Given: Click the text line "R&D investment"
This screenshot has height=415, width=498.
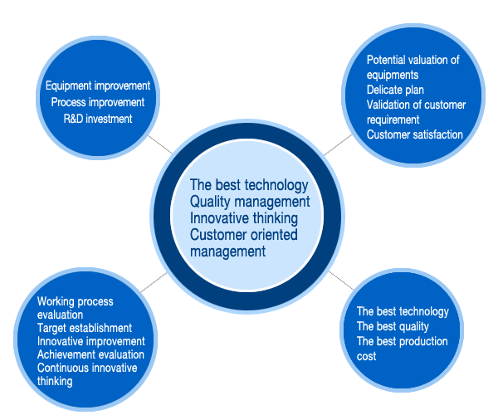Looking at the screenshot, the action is pyautogui.click(x=98, y=119).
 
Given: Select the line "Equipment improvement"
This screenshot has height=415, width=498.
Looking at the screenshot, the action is pyautogui.click(x=98, y=85).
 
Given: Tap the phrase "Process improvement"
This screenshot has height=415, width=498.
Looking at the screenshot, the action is pyautogui.click(x=98, y=102).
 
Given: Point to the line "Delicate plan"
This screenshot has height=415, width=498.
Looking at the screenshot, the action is pyautogui.click(x=395, y=90).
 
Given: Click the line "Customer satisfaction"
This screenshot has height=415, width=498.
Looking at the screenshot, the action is pyautogui.click(x=415, y=134).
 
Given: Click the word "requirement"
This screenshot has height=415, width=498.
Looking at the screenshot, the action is pyautogui.click(x=393, y=120).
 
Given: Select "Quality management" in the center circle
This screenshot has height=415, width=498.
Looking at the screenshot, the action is pyautogui.click(x=250, y=202).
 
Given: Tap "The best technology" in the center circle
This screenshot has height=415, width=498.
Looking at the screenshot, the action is pyautogui.click(x=249, y=185).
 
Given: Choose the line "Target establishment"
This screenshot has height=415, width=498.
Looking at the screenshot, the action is pyautogui.click(x=85, y=328).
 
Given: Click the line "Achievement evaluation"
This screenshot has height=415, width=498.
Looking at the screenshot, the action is pyautogui.click(x=90, y=354).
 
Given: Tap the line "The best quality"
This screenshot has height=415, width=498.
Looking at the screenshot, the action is pyautogui.click(x=393, y=326).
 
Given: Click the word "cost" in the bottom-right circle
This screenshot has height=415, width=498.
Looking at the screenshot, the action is pyautogui.click(x=366, y=356).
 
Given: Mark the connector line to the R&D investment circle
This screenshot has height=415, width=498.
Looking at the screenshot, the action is pyautogui.click(x=160, y=144).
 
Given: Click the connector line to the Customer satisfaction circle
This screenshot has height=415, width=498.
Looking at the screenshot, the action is pyautogui.click(x=339, y=144).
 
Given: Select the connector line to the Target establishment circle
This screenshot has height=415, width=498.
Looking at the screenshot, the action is pyautogui.click(x=154, y=282).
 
